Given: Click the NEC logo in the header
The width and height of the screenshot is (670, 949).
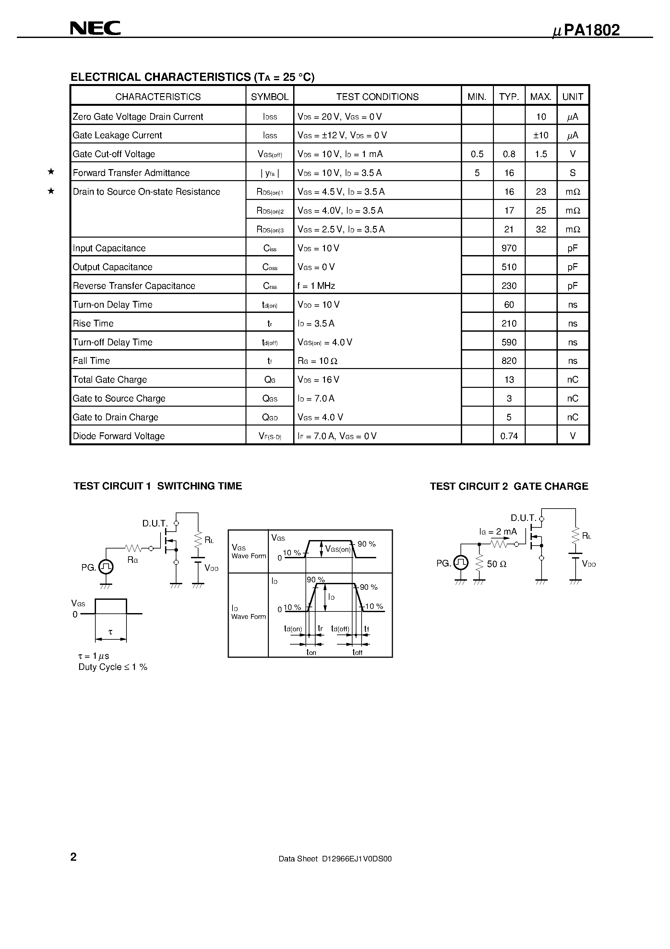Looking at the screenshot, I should tap(95, 28).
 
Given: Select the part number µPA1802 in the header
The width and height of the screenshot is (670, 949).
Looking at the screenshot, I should tap(586, 30).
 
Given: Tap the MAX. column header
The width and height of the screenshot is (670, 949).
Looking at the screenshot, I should tap(541, 97).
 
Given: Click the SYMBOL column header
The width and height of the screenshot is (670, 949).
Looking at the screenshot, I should tap(270, 97).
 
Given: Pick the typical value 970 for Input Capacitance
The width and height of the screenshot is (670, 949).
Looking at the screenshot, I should tap(509, 248).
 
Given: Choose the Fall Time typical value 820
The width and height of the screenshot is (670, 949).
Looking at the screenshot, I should tap(509, 361).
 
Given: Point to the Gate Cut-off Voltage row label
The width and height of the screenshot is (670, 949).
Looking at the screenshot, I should tap(114, 154).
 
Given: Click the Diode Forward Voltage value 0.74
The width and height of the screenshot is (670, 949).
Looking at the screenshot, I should tap(509, 436).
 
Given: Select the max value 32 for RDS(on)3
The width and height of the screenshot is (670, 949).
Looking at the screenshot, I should tap(541, 229).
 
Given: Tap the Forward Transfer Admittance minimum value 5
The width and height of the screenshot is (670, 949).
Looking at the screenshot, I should tap(477, 173).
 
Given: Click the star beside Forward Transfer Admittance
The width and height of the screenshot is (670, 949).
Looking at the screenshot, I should tap(51, 172).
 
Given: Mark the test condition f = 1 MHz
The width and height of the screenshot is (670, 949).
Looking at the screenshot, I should tap(316, 286).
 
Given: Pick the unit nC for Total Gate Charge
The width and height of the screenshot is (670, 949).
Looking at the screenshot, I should tap(572, 379).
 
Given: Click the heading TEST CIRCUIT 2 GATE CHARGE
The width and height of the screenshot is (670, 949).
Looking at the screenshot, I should tap(509, 487).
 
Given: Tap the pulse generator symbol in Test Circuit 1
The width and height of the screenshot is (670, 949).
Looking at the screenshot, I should tap(106, 567).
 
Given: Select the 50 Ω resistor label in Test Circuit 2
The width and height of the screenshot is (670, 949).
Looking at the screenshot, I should tap(497, 564).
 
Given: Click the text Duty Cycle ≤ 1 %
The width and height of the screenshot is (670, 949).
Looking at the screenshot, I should tap(113, 667).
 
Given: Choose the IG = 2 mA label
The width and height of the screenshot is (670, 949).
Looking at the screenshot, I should tap(498, 532).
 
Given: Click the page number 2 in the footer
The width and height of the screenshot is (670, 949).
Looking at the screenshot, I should tap(74, 857).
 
